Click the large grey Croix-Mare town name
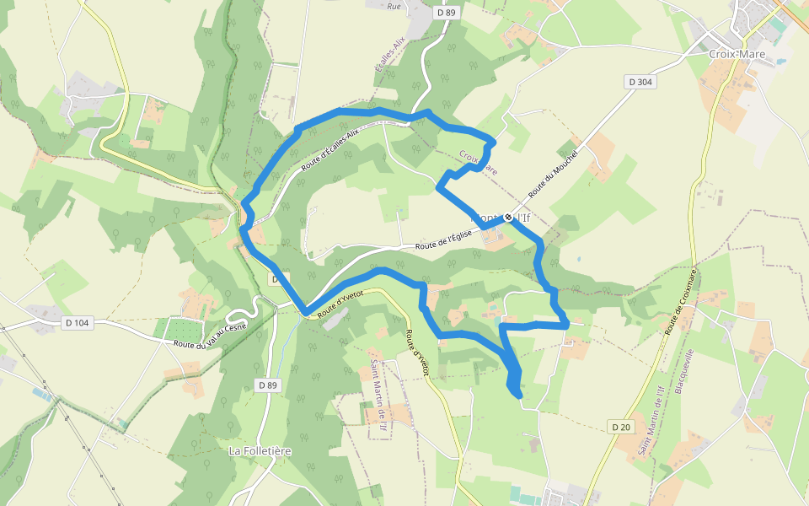pyautogui.click(x=737, y=53)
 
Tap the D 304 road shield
pyautogui.click(x=641, y=82)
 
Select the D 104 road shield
pyautogui.click(x=77, y=322)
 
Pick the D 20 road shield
pyautogui.click(x=621, y=428)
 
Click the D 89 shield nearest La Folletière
pyautogui.click(x=267, y=385)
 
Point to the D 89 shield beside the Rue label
pyautogui.click(x=447, y=13)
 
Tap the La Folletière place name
pyautogui.click(x=260, y=451)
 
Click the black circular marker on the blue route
pyautogui.click(x=508, y=218)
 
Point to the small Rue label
pyautogui.click(x=393, y=7)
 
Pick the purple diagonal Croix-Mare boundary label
pyautogui.click(x=478, y=164)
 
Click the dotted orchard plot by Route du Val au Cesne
pyautogui.click(x=180, y=330)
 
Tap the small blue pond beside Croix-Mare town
pyautogui.click(x=781, y=62)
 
